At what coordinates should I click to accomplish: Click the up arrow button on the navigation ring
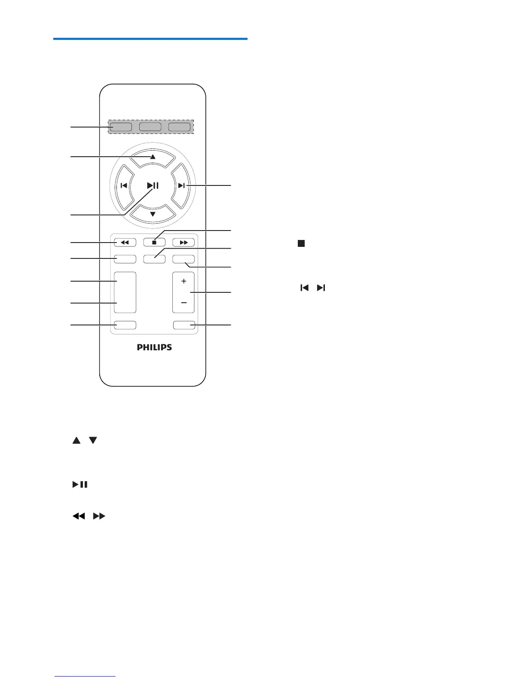[153, 158]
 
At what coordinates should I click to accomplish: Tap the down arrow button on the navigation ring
[153, 213]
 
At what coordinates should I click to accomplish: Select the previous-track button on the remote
[123, 186]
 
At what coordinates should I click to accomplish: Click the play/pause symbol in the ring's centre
[153, 186]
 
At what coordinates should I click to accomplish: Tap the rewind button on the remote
[125, 243]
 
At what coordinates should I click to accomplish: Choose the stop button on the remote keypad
[154, 243]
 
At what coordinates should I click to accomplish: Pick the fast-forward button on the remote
[183, 243]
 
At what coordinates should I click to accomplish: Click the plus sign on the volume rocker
[183, 282]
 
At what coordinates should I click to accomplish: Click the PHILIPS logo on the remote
[154, 347]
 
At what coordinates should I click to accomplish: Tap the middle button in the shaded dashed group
[150, 127]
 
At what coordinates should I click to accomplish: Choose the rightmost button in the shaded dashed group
[179, 127]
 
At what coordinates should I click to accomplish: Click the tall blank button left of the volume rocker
[125, 292]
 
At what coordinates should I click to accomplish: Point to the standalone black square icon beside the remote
[301, 243]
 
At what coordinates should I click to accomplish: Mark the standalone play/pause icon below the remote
[80, 485]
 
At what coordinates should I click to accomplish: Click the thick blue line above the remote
[150, 39]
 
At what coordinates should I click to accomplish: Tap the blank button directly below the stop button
[154, 259]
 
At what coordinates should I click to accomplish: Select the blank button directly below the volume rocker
[183, 325]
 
